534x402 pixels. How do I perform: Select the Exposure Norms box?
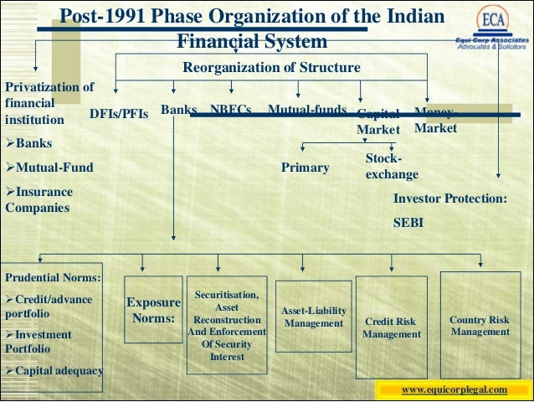pyautogui.click(x=153, y=311)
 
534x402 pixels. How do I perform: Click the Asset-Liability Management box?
pyautogui.click(x=314, y=317)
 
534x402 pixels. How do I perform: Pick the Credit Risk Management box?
pyautogui.click(x=392, y=327)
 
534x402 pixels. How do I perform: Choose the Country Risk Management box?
pyautogui.click(x=479, y=326)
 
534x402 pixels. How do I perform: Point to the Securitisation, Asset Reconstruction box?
pyautogui.click(x=227, y=326)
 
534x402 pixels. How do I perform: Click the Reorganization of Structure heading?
pyautogui.click(x=271, y=67)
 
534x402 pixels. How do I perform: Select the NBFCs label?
pyautogui.click(x=231, y=110)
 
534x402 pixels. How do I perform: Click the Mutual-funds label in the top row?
pyautogui.click(x=307, y=110)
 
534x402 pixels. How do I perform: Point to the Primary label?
pyautogui.click(x=305, y=167)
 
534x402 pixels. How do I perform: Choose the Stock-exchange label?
pyautogui.click(x=391, y=167)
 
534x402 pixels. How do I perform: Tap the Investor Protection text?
pyautogui.click(x=449, y=199)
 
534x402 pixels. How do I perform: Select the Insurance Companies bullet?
pyautogui.click(x=39, y=199)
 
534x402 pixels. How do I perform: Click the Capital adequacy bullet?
pyautogui.click(x=54, y=370)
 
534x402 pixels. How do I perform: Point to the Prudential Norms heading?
pyautogui.click(x=54, y=277)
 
